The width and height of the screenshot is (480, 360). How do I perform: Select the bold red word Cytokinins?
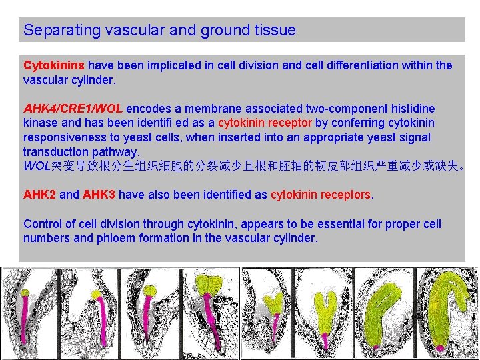pos(54,65)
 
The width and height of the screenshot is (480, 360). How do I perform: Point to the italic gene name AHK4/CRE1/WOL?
pos(73,108)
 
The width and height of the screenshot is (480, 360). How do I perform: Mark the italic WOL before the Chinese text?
pos(37,166)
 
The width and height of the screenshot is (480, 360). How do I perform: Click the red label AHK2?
pos(39,195)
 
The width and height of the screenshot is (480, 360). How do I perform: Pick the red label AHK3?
pos(99,195)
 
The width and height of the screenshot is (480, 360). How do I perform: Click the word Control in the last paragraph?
pos(42,224)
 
